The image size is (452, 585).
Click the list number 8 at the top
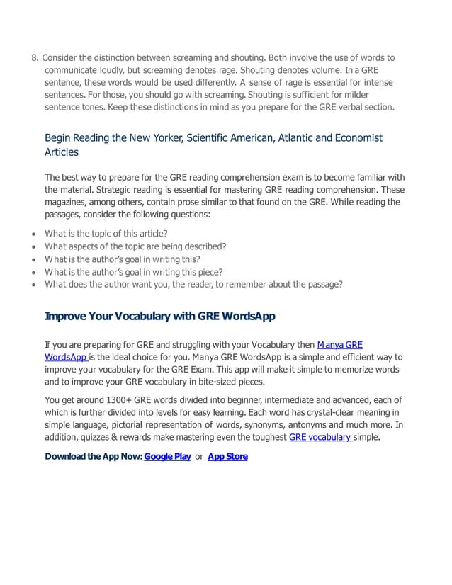tap(35, 57)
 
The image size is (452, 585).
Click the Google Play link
tap(168, 457)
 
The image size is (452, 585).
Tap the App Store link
tap(227, 457)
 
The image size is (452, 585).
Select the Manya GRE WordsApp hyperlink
tap(339, 345)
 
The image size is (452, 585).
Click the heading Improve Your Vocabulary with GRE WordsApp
tap(160, 316)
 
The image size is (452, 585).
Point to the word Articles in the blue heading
tap(62, 152)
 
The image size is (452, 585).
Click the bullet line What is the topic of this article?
tap(106, 233)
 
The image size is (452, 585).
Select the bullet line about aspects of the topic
tap(135, 246)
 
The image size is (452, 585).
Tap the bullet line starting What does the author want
tap(193, 285)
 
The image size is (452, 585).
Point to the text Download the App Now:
tap(93, 457)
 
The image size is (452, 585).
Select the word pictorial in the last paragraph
tap(162, 425)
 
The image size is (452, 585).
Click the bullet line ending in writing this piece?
tap(134, 272)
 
